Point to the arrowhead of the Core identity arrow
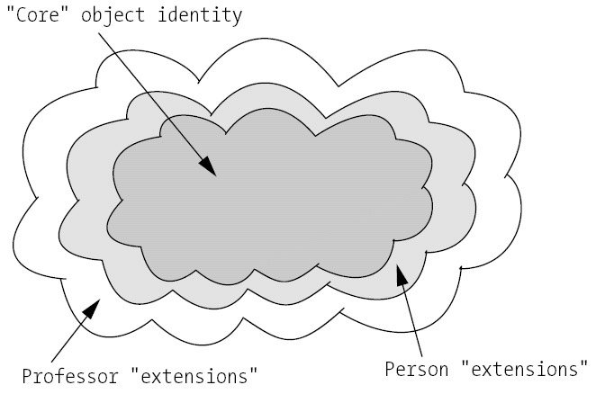[x=210, y=166]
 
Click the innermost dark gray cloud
[x=270, y=198]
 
